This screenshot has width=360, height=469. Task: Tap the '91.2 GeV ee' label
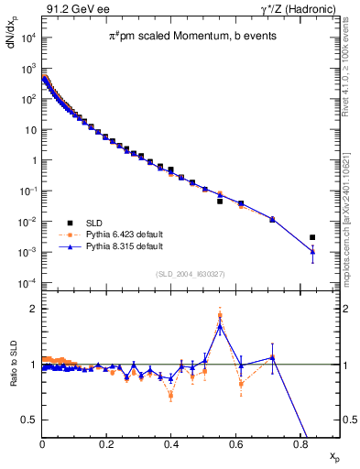71,10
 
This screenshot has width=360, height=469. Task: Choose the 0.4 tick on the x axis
171,443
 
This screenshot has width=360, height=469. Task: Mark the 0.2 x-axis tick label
106,443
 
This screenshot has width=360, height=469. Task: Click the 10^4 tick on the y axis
27,38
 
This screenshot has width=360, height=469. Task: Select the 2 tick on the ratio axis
33,309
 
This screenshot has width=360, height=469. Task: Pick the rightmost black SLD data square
312,237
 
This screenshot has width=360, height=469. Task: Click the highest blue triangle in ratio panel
220,325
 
